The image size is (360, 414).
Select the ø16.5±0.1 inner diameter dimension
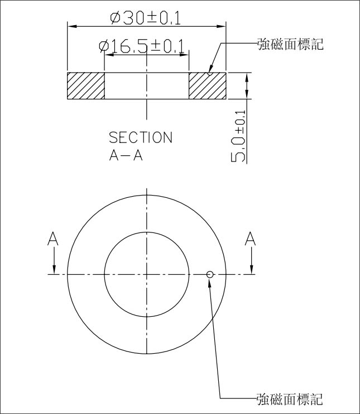click(142, 46)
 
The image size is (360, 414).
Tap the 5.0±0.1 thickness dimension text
click(238, 136)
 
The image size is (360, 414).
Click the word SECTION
click(140, 137)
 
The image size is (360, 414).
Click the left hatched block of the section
click(86, 86)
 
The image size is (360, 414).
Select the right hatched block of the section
click(207, 86)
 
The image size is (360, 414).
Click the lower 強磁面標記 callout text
click(290, 399)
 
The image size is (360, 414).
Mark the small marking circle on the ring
click(210, 274)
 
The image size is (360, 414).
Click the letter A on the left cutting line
click(53, 239)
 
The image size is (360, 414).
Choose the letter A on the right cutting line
click(251, 239)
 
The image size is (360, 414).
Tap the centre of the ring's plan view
click(146, 274)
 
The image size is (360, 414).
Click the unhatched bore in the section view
click(146, 86)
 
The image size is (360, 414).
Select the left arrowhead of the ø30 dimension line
click(71, 26)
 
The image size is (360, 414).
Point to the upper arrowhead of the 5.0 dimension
click(246, 77)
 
